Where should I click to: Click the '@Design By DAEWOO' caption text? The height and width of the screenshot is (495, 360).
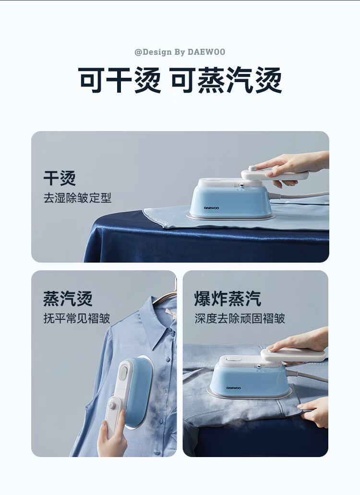click(180, 52)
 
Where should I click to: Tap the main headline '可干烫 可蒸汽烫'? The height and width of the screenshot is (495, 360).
click(180, 80)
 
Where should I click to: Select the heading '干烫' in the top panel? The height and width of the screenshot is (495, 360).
click(60, 179)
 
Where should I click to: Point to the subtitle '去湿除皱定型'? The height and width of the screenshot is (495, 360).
click(77, 198)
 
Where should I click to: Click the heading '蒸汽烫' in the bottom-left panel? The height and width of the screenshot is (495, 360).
click(68, 299)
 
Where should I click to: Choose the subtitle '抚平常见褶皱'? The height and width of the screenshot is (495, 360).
click(77, 318)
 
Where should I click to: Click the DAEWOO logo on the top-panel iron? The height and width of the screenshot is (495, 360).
click(211, 208)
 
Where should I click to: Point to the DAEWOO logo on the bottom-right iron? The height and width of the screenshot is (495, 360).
click(233, 388)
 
